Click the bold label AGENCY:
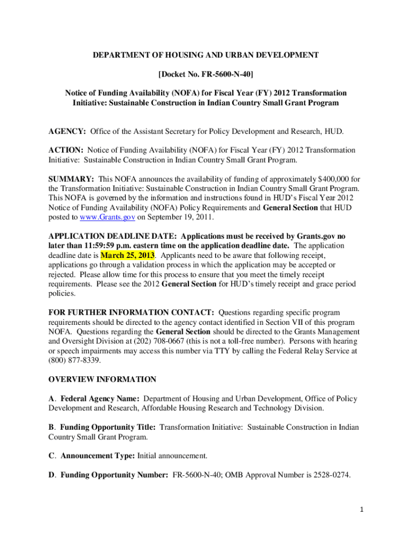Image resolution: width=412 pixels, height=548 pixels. coord(67,132)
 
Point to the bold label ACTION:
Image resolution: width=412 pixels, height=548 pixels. coord(66,150)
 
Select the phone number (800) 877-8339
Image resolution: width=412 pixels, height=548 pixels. coord(72,360)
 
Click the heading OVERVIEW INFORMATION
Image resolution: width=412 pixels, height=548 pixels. coord(102,379)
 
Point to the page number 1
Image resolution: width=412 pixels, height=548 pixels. coord(362,510)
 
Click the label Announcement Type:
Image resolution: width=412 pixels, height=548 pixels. coord(98,455)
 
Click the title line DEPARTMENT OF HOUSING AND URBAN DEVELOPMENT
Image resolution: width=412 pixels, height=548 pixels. coord(206,55)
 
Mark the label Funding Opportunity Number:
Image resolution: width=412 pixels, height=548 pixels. coord(115,474)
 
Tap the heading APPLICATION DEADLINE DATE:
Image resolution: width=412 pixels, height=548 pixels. coord(112,236)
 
